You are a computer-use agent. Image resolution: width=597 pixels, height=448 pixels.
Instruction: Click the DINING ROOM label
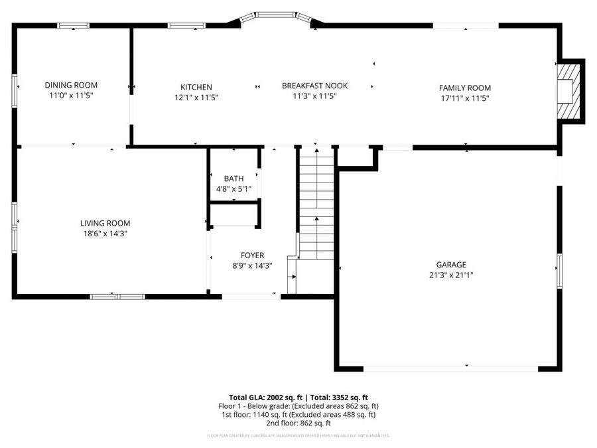(x=71, y=85)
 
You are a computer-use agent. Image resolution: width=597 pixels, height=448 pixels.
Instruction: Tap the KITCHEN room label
(x=196, y=87)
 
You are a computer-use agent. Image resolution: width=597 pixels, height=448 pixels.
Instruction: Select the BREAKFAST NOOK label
(x=314, y=86)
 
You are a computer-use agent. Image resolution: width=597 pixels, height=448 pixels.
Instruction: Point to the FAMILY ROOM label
(x=464, y=88)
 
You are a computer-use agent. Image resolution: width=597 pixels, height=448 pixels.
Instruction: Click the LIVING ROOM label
(x=105, y=223)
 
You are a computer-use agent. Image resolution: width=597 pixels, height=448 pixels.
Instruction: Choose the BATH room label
(x=233, y=179)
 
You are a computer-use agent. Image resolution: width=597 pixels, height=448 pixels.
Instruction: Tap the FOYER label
(x=252, y=255)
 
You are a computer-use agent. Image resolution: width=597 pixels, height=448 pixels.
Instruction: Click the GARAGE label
(x=450, y=264)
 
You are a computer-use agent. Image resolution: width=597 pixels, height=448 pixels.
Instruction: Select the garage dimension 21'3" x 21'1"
(x=450, y=275)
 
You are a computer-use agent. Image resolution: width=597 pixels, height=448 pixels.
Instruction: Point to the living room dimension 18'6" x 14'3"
(x=105, y=234)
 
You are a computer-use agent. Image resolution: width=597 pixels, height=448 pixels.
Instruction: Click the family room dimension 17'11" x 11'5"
(x=464, y=98)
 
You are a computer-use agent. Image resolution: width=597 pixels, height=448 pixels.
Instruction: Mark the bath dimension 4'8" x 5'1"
(x=233, y=189)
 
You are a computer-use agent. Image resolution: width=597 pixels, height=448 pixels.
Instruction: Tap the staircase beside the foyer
(x=316, y=206)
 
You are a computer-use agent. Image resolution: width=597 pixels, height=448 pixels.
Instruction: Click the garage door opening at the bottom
(x=451, y=367)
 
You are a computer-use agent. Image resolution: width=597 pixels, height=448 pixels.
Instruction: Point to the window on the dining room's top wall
(x=73, y=26)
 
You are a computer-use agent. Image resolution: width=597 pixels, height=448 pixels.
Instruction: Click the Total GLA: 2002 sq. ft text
(x=263, y=396)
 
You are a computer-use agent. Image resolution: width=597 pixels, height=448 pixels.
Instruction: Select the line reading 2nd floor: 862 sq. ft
(x=298, y=423)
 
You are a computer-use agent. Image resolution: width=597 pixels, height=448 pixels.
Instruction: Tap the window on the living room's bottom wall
(x=117, y=296)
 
